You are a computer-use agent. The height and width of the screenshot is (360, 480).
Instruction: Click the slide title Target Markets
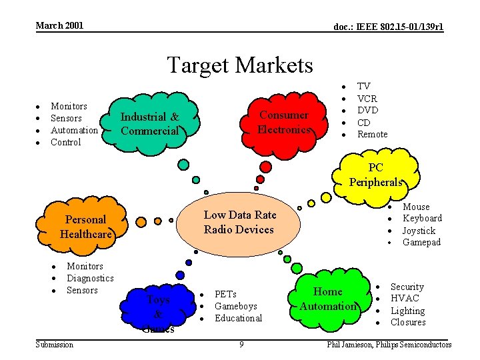[x=239, y=65]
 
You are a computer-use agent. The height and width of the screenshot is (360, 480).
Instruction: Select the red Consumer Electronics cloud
[x=283, y=122]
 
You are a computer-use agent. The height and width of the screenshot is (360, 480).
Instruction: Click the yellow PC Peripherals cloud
[x=376, y=175]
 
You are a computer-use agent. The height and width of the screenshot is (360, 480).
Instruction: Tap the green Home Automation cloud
[x=327, y=299]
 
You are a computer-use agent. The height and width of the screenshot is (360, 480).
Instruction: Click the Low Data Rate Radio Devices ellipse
[x=239, y=223]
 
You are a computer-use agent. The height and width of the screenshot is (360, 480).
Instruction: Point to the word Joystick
[x=419, y=231]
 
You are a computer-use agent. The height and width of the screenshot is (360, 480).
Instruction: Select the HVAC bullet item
[x=404, y=299]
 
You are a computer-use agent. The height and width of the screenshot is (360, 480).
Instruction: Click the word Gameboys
[x=235, y=306]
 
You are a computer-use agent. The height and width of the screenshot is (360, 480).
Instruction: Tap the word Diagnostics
[x=90, y=278]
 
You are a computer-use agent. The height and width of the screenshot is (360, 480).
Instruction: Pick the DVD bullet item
[x=367, y=110]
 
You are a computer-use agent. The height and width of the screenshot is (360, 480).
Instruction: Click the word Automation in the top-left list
[x=74, y=130]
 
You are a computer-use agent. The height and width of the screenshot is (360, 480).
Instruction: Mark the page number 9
[x=241, y=344]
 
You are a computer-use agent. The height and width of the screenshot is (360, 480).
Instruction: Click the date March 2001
[x=59, y=25]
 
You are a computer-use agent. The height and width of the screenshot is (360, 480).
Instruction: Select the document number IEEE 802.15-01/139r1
[x=389, y=27]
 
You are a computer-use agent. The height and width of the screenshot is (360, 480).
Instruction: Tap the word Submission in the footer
[x=55, y=344]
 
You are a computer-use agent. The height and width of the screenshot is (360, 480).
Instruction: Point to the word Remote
[x=372, y=134]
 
